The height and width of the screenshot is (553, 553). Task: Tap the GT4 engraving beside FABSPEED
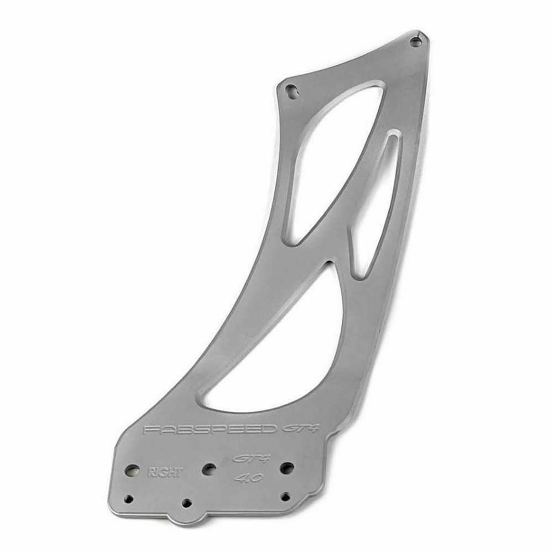click(300, 428)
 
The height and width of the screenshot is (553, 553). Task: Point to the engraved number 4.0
click(249, 478)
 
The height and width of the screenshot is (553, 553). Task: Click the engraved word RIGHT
click(165, 472)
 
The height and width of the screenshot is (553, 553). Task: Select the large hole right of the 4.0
click(287, 467)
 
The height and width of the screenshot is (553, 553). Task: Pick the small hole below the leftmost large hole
click(129, 499)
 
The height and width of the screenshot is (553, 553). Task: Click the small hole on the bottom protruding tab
click(186, 502)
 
